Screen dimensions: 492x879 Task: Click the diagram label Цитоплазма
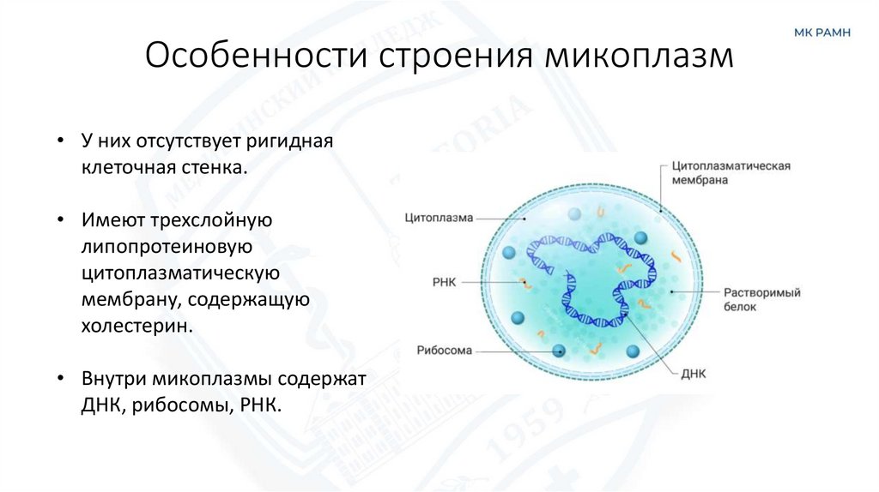pos(439,218)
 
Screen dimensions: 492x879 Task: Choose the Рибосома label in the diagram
pos(445,350)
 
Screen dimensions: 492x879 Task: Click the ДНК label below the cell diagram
pos(691,374)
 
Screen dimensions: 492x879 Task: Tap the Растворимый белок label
pos(761,299)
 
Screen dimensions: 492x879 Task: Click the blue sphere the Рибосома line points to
pos(559,350)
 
